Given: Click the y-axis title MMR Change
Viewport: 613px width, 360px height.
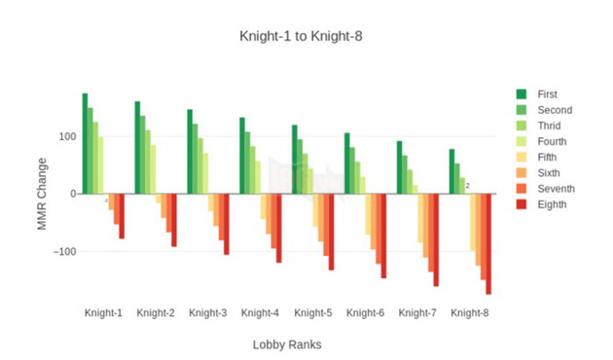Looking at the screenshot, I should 42,193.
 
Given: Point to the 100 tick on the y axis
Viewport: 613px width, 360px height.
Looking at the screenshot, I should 67,136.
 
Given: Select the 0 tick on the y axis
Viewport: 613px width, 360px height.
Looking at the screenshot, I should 72,194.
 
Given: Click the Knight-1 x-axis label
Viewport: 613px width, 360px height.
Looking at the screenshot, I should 103,313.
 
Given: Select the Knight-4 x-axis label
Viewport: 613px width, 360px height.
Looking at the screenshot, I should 261,313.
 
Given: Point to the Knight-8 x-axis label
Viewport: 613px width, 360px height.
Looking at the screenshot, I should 470,313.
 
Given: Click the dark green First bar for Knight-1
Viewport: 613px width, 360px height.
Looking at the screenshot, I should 86,143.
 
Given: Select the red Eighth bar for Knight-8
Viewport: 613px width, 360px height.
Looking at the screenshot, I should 488,243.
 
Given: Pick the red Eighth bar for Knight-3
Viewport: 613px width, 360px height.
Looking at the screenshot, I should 227,224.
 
